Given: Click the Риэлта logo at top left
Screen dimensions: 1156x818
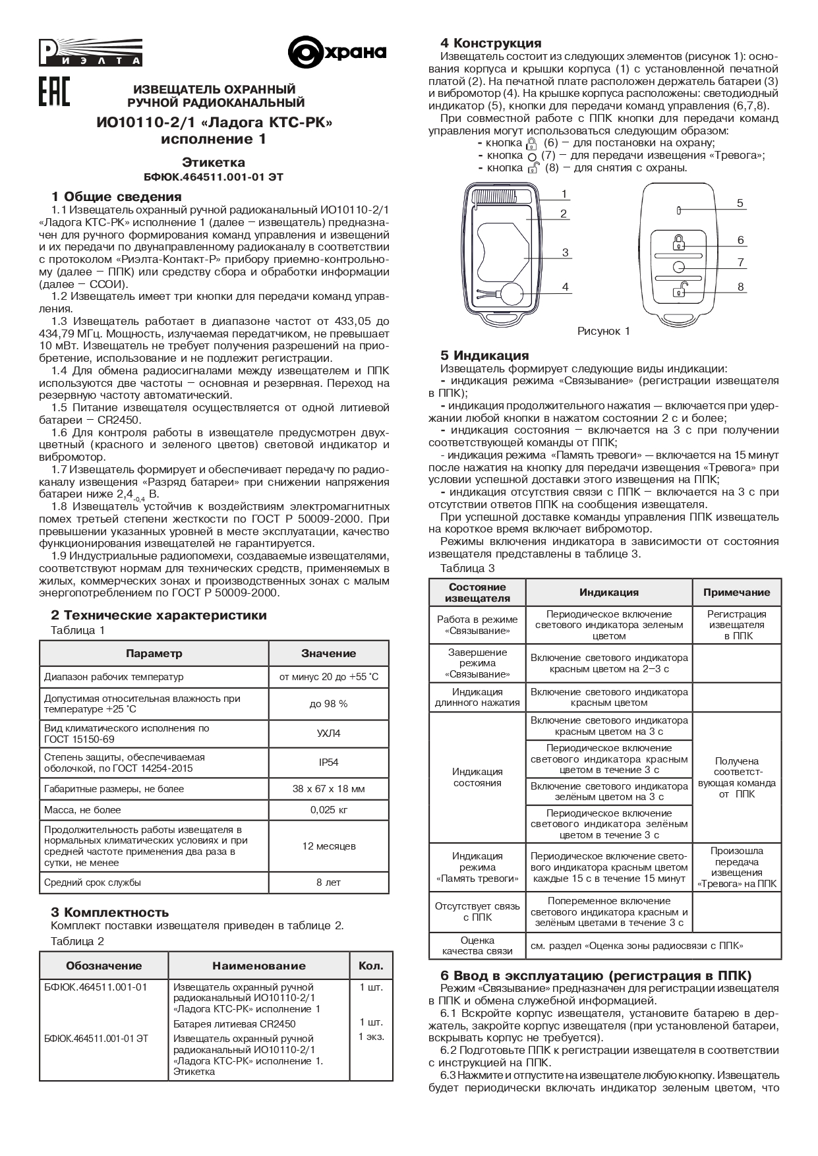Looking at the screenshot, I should click(x=90, y=52).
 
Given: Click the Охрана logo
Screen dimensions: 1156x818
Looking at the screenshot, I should click(x=337, y=53).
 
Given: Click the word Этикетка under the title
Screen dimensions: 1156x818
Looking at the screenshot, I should click(x=214, y=162).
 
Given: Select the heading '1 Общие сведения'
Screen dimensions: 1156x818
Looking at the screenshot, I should click(x=116, y=196).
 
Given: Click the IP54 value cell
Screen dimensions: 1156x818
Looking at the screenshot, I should click(x=328, y=763).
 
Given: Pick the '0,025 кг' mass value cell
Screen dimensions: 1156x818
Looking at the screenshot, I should click(x=328, y=810).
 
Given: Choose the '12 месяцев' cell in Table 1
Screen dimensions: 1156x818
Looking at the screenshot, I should click(x=328, y=846).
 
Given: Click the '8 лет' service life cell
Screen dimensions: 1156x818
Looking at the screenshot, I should click(x=328, y=882).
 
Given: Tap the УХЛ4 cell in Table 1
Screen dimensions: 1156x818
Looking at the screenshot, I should click(x=328, y=734).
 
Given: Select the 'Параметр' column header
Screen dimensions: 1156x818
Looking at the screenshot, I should click(x=154, y=654).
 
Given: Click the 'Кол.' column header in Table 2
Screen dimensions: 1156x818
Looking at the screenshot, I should click(x=370, y=966).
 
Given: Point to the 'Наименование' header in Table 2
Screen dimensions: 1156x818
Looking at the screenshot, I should click(x=258, y=966).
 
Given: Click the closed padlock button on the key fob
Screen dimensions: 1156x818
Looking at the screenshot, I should click(x=678, y=241).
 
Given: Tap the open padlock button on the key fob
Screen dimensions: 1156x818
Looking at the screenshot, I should click(x=678, y=288).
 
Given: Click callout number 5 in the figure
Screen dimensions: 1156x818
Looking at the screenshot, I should click(x=740, y=203).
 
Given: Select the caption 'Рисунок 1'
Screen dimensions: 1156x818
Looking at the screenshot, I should click(x=603, y=331).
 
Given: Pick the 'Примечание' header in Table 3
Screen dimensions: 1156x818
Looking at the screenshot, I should click(x=736, y=592).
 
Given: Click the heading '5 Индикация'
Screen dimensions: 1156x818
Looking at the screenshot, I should click(x=484, y=356).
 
